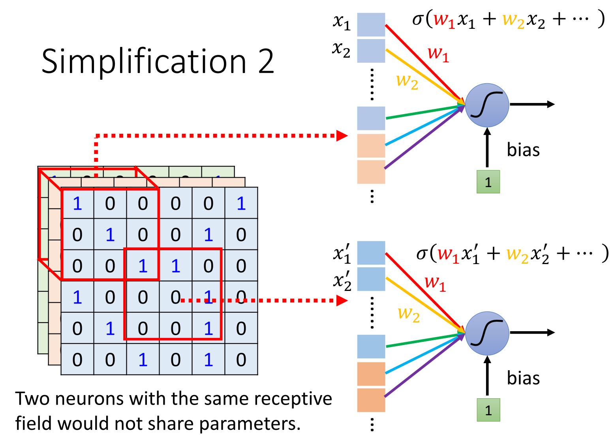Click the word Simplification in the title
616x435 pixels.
(x=144, y=62)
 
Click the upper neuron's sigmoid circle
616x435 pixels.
(x=487, y=105)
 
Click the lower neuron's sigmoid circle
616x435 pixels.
(x=487, y=333)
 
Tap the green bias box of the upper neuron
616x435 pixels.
(x=488, y=182)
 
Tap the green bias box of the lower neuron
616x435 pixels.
(x=488, y=410)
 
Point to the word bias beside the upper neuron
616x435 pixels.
(x=523, y=150)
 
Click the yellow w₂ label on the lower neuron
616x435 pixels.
(x=409, y=313)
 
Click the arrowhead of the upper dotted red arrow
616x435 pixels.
(x=342, y=136)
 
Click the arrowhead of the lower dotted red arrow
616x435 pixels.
(x=342, y=301)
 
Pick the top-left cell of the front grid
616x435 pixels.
(x=77, y=203)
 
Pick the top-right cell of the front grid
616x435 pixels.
(x=241, y=203)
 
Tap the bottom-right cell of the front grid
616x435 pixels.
(x=241, y=360)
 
